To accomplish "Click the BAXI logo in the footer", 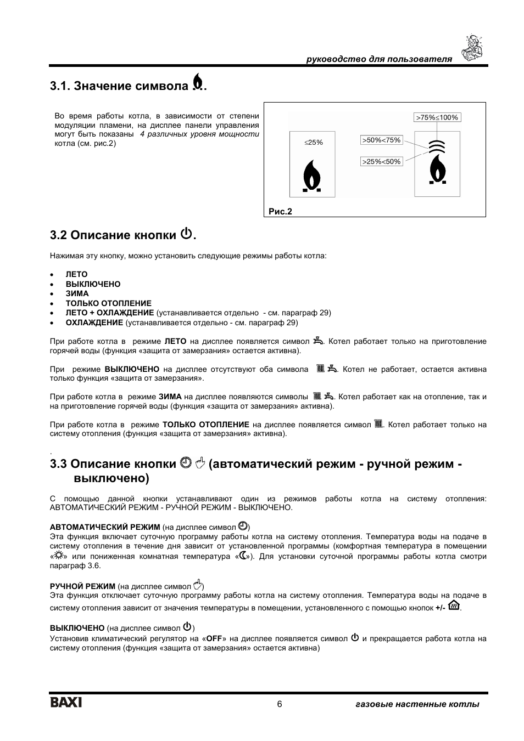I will pyautogui.click(x=66, y=703).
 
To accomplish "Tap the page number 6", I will pyautogui.click(x=279, y=704).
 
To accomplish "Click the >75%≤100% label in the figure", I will pyautogui.click(x=437, y=117).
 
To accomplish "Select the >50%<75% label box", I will pyautogui.click(x=381, y=140).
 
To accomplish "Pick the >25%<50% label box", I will pyautogui.click(x=381, y=161).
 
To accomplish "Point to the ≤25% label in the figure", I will pyautogui.click(x=314, y=143).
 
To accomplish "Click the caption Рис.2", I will pyautogui.click(x=280, y=212).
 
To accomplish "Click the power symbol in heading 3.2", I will pyautogui.click(x=186, y=234).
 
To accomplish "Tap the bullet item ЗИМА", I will pyautogui.click(x=77, y=293).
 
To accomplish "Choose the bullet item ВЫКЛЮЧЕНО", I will pyautogui.click(x=93, y=284).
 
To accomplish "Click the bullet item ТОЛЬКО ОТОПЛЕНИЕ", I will pyautogui.click(x=108, y=303).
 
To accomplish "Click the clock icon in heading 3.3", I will pyautogui.click(x=185, y=464).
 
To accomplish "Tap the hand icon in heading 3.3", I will pyautogui.click(x=200, y=464).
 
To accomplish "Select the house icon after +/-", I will pyautogui.click(x=454, y=606).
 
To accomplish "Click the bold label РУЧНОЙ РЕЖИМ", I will pyautogui.click(x=82, y=586).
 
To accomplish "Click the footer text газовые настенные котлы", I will pyautogui.click(x=417, y=704).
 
